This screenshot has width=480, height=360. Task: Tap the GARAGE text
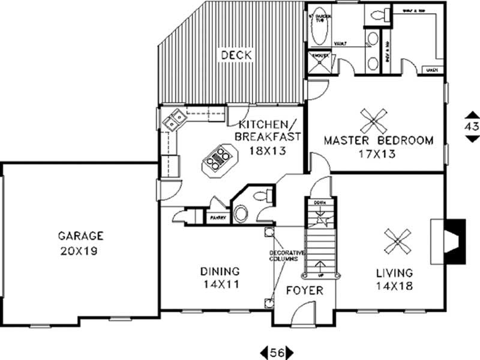coord(81,235)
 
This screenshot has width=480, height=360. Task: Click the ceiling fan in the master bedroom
coord(374,122)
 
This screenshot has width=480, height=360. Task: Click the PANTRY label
coord(217,218)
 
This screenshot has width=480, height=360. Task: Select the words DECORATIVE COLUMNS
coord(283,254)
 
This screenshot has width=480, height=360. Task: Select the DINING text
coord(220,271)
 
